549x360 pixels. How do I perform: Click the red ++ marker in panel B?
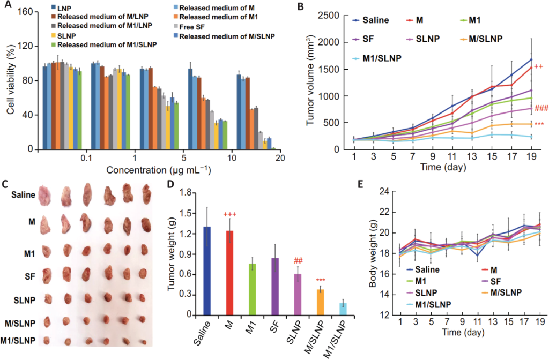tap(538, 66)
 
